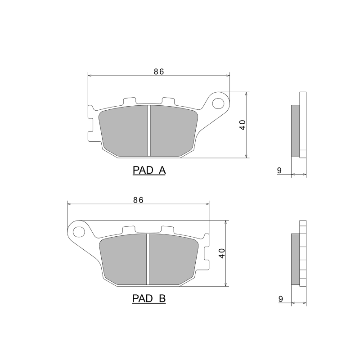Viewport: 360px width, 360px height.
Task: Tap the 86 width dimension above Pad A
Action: pyautogui.click(x=158, y=71)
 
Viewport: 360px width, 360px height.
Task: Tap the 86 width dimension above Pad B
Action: pyautogui.click(x=138, y=200)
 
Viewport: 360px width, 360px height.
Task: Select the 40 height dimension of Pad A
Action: pyautogui.click(x=243, y=125)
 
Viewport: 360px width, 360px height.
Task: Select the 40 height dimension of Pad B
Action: pyautogui.click(x=221, y=253)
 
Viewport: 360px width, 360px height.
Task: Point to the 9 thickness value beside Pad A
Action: pyautogui.click(x=279, y=170)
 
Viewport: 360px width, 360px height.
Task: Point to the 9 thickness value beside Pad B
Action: pyautogui.click(x=279, y=298)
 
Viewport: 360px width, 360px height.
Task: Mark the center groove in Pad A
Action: pyautogui.click(x=148, y=130)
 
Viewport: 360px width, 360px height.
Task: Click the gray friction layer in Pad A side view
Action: pyautogui.click(x=295, y=130)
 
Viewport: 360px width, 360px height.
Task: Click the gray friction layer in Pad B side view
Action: pyautogui.click(x=295, y=259)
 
